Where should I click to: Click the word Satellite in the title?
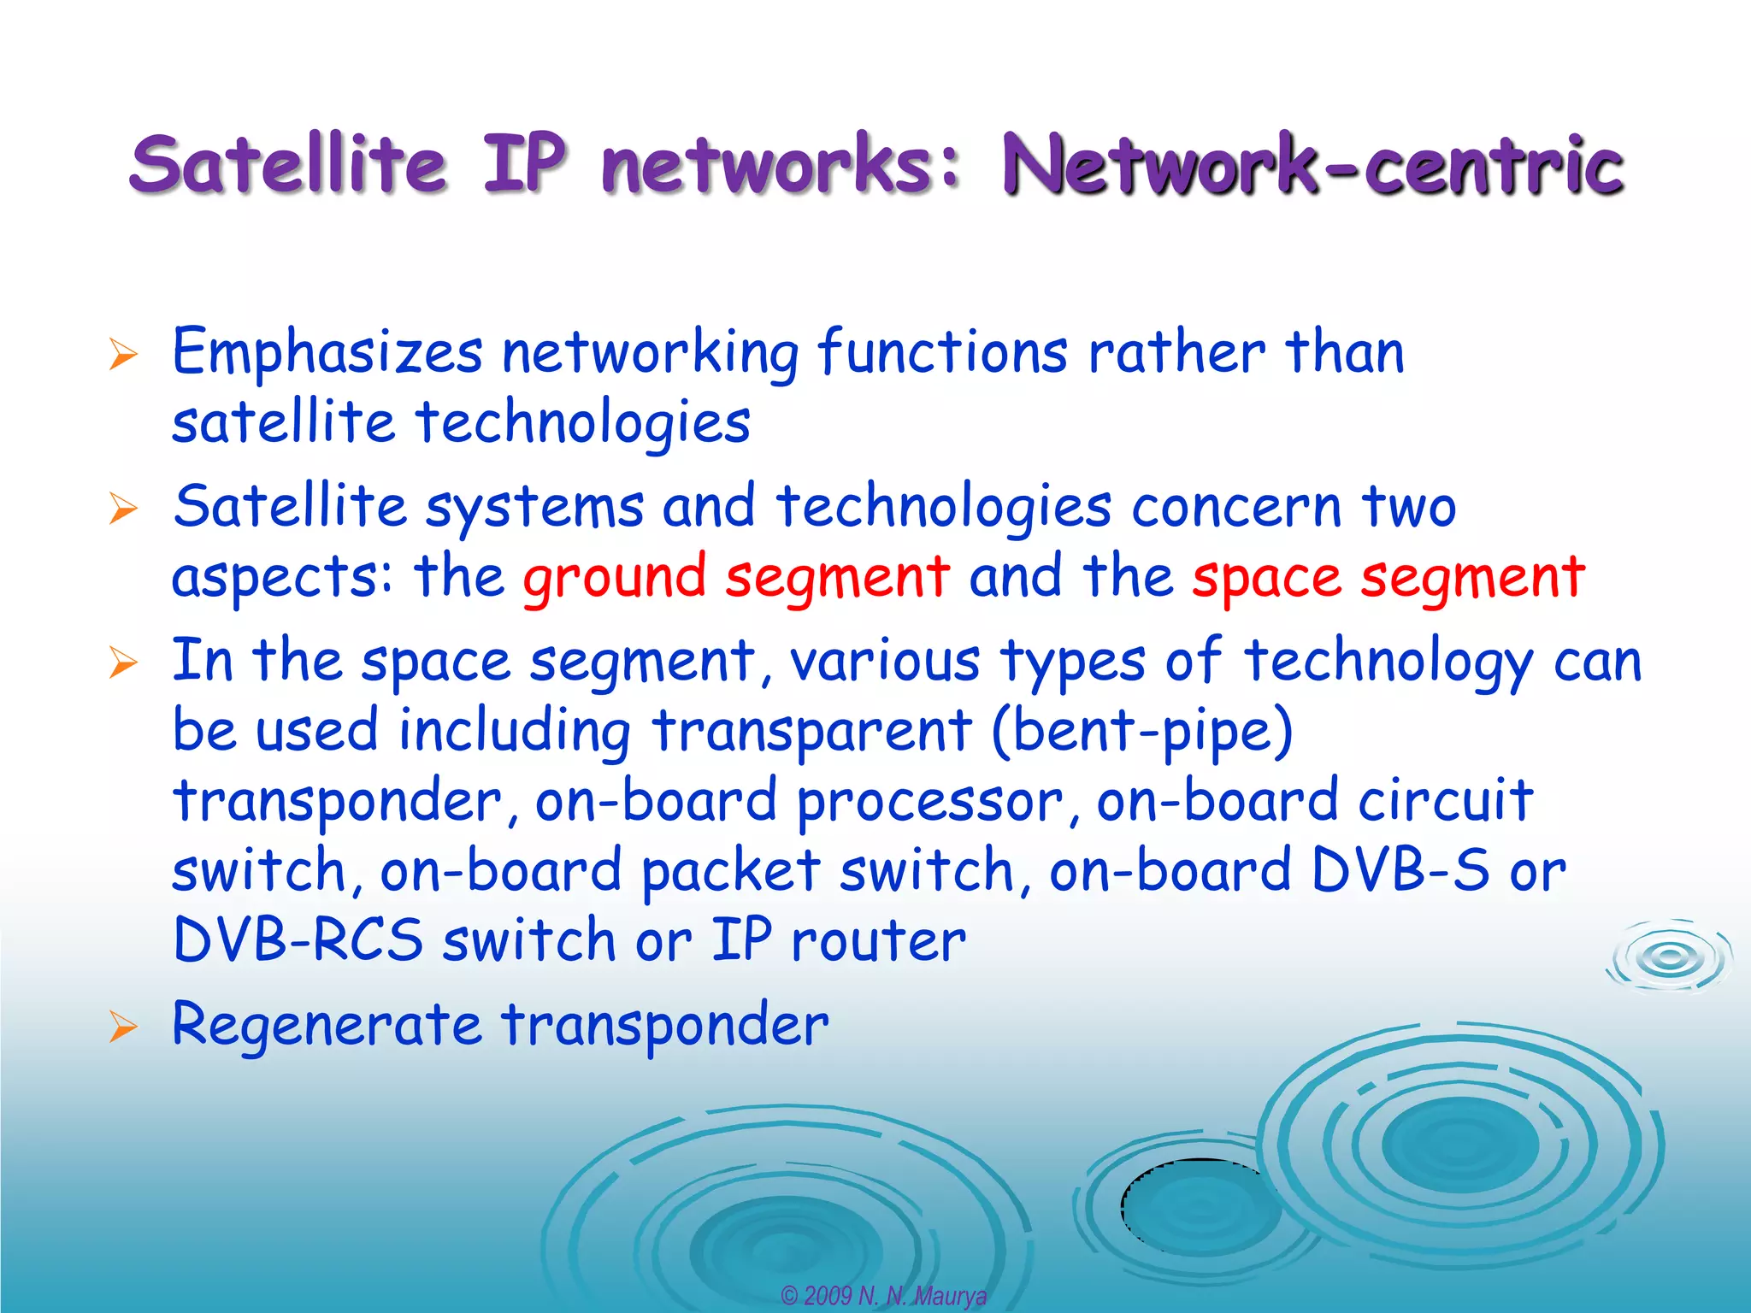(x=288, y=163)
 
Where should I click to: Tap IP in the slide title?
(x=524, y=163)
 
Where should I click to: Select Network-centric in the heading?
(x=1312, y=165)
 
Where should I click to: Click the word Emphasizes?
(x=327, y=353)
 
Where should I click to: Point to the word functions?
(x=942, y=351)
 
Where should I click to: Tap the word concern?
(x=1236, y=507)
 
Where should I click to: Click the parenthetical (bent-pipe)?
(x=1142, y=732)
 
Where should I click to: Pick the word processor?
(x=930, y=802)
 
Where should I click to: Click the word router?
(x=878, y=940)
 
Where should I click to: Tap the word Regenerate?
(x=327, y=1026)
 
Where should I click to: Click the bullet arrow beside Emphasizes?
(x=123, y=354)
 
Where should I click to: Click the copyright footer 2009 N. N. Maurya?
(x=884, y=1296)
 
